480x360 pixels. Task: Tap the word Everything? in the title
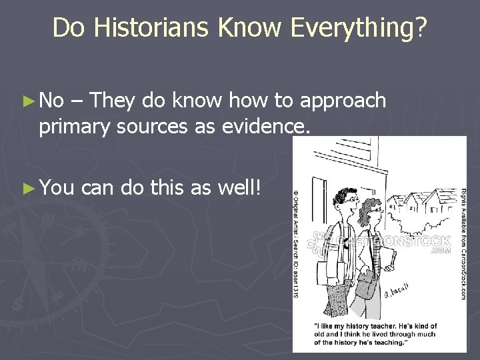[359, 28]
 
